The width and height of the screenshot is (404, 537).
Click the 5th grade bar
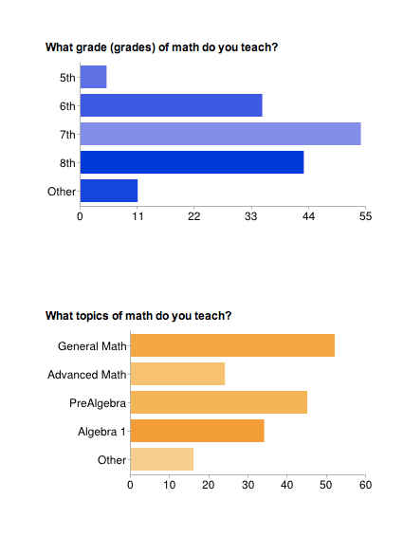pyautogui.click(x=93, y=76)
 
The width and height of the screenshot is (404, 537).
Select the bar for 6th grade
pyautogui.click(x=171, y=105)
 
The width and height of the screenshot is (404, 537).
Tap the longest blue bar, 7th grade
pyautogui.click(x=220, y=134)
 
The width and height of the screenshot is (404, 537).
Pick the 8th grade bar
pyautogui.click(x=192, y=162)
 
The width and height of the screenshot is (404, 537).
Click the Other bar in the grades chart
pyautogui.click(x=109, y=191)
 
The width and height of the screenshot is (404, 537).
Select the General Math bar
pyautogui.click(x=232, y=345)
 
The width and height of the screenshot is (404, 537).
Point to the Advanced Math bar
pyautogui.click(x=177, y=374)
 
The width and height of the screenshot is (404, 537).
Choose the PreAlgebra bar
pyautogui.click(x=218, y=402)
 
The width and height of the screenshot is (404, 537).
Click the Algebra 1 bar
pyautogui.click(x=197, y=432)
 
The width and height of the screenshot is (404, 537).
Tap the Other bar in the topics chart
pyautogui.click(x=161, y=460)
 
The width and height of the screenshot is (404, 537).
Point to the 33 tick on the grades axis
pyautogui.click(x=251, y=217)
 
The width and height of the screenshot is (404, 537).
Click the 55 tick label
pyautogui.click(x=365, y=217)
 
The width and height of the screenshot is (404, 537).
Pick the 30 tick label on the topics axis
pyautogui.click(x=248, y=486)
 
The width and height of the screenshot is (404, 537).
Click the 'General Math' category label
pyautogui.click(x=92, y=346)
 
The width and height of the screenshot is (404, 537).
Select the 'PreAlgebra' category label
pyautogui.click(x=98, y=403)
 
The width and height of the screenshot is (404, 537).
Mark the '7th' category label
pyautogui.click(x=66, y=135)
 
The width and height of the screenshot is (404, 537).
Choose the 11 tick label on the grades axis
pyautogui.click(x=137, y=217)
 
